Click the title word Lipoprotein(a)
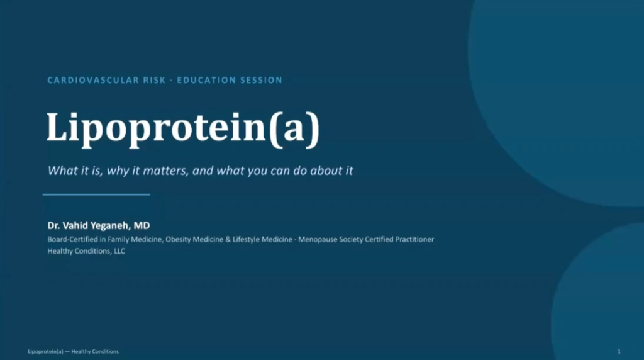click(x=183, y=128)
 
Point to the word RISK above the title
click(x=155, y=80)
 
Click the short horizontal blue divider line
click(x=96, y=194)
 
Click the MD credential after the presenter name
click(x=142, y=225)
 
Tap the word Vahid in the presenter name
click(x=75, y=225)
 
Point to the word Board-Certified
click(x=72, y=239)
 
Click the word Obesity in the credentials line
click(x=178, y=239)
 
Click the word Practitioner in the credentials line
click(x=414, y=239)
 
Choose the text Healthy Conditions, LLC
click(x=86, y=251)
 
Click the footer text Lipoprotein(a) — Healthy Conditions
click(x=73, y=351)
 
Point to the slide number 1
click(x=619, y=351)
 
